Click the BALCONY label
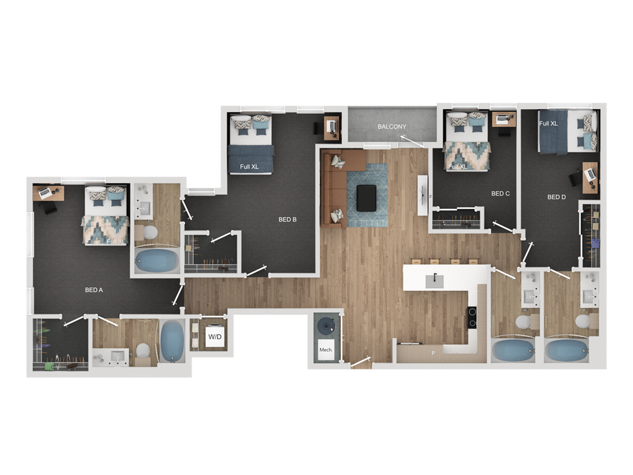392,127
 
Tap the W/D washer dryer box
215,336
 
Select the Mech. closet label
326,350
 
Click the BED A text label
94,290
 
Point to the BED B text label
287,219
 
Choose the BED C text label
500,193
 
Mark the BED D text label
556,197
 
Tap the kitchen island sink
435,281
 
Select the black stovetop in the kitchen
472,317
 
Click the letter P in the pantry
433,353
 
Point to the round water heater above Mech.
326,325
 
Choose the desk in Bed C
503,119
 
